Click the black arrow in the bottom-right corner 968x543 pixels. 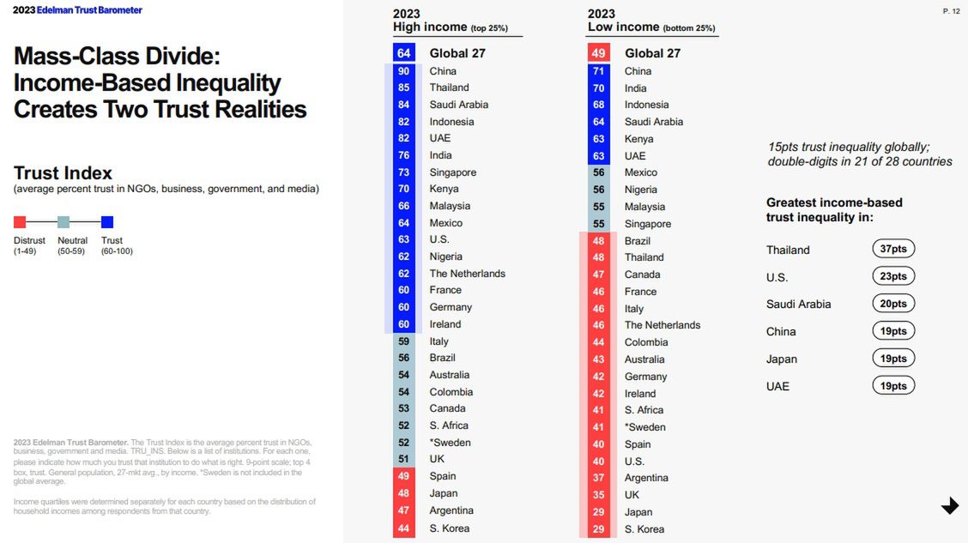point(950,506)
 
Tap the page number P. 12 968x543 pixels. point(951,11)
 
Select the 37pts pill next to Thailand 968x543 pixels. point(893,249)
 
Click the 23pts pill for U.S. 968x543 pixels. point(893,276)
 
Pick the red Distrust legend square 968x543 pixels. point(20,222)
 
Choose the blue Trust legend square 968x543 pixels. point(107,222)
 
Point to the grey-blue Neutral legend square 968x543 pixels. point(64,222)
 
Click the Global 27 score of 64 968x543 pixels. point(403,53)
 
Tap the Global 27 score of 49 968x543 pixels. point(598,53)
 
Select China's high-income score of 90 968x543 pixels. point(403,71)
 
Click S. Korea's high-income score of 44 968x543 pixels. point(403,528)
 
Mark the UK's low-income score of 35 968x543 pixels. point(598,495)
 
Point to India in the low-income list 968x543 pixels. point(636,88)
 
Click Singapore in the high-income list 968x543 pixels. point(453,172)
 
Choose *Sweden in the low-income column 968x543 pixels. point(645,427)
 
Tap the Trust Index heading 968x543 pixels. point(63,172)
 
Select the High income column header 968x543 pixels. point(431,27)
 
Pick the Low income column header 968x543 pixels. point(626,27)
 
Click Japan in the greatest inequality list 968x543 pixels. point(782,359)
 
